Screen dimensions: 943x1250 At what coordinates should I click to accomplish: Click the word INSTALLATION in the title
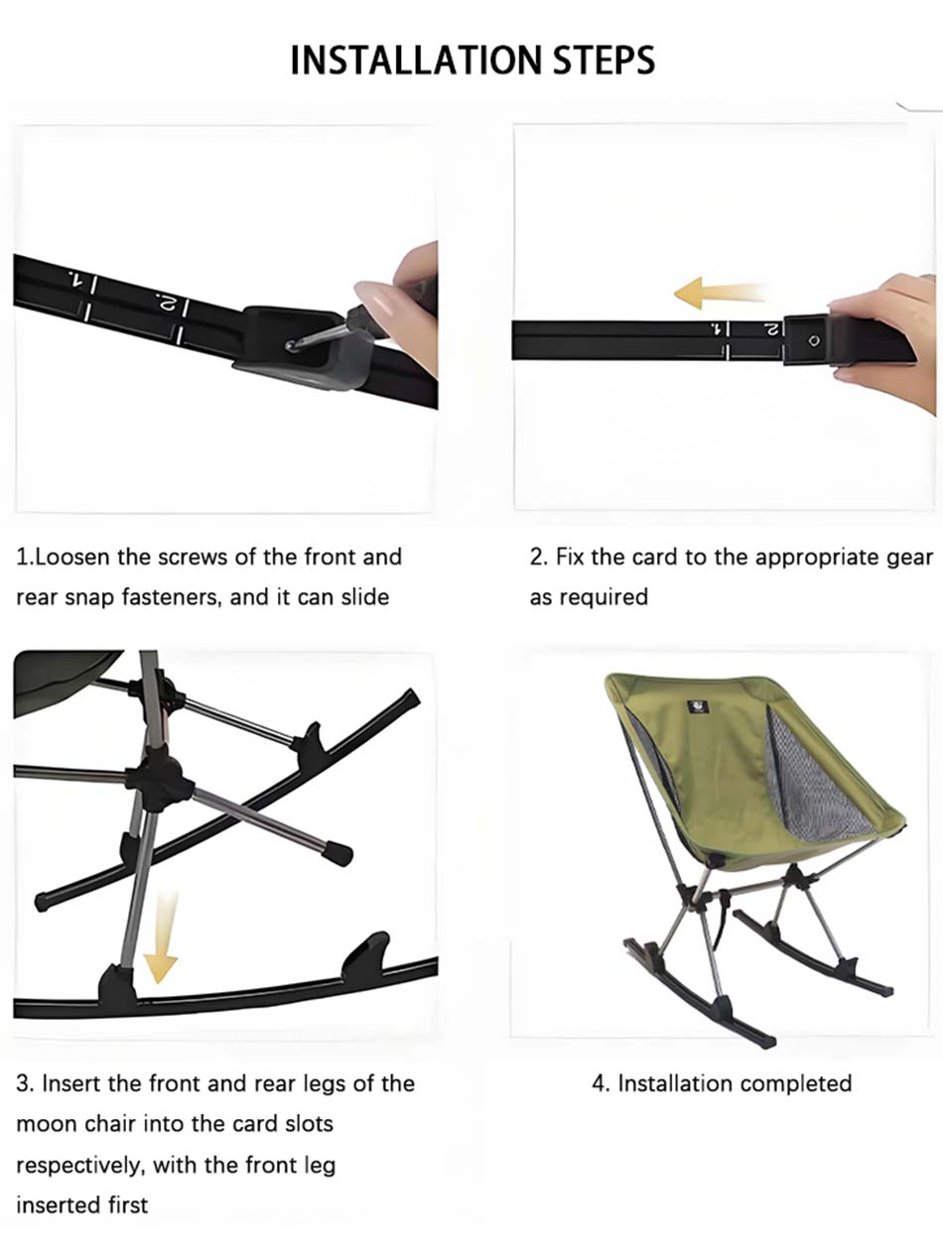(416, 61)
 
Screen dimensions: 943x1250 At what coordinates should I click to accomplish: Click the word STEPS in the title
(604, 61)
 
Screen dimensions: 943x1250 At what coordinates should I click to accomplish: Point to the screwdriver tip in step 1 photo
(291, 345)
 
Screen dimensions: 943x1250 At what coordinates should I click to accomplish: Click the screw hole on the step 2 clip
(814, 340)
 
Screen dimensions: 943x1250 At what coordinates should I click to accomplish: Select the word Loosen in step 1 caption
(71, 557)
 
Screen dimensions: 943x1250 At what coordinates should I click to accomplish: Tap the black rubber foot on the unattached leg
(339, 854)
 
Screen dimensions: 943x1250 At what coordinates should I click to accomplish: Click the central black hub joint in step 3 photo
(159, 777)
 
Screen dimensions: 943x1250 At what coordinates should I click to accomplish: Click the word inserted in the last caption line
(51, 1205)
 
